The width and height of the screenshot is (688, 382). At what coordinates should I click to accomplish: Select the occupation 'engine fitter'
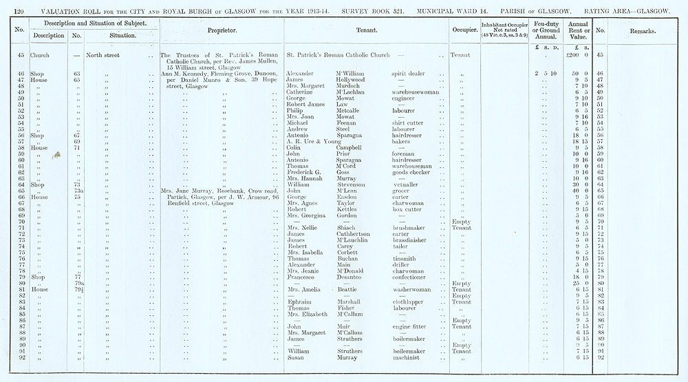[411, 327]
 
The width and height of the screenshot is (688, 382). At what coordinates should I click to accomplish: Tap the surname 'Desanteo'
[356, 277]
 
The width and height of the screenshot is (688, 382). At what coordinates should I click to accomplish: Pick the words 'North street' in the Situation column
[103, 55]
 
